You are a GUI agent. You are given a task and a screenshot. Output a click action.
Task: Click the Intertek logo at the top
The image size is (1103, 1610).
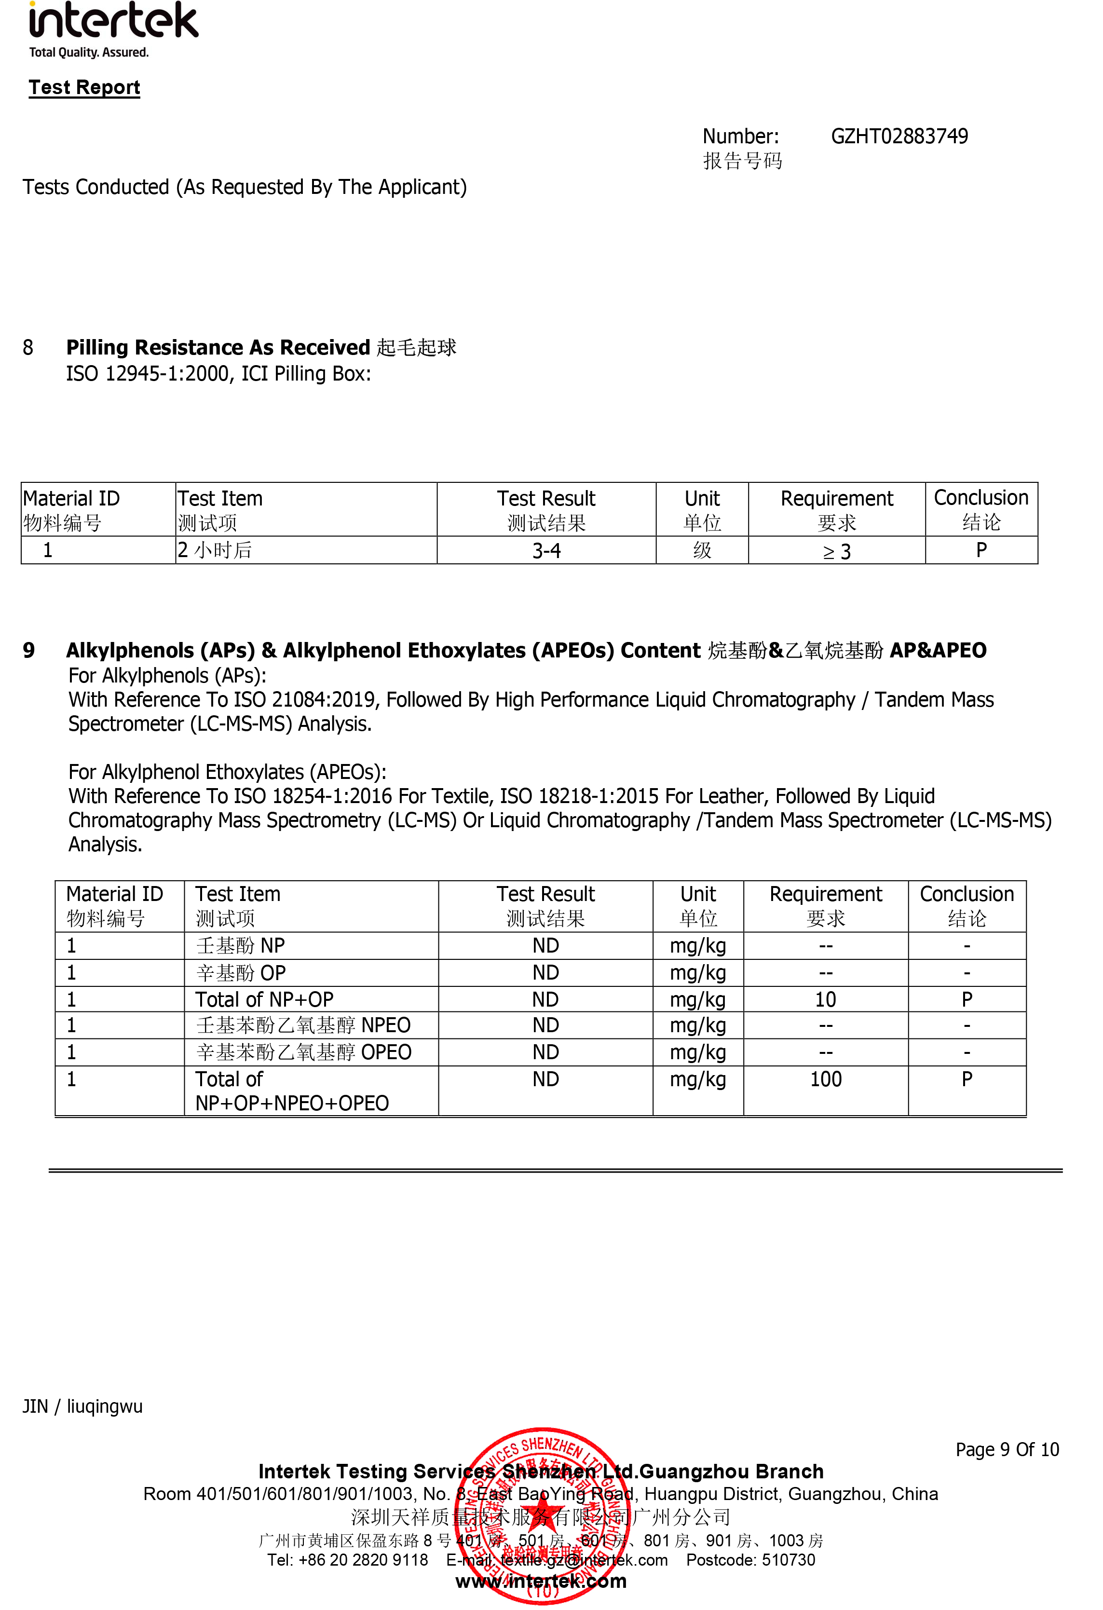pos(113,27)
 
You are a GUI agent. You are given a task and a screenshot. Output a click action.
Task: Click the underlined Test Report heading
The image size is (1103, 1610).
pos(84,87)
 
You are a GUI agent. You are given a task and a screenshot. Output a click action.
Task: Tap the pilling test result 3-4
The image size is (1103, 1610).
pos(546,551)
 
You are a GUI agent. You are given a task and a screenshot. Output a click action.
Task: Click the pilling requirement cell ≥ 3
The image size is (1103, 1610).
pos(836,551)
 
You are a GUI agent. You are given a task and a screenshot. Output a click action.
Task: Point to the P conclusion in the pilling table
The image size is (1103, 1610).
pos(980,550)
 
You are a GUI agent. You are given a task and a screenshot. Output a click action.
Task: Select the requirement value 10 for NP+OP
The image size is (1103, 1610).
pos(825,999)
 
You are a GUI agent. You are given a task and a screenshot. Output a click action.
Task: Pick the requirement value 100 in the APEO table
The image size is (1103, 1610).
pos(825,1078)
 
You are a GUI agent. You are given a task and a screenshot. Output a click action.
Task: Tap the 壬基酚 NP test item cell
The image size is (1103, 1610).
pos(240,946)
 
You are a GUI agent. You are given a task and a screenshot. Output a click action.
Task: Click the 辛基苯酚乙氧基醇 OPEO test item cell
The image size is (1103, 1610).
pos(303,1052)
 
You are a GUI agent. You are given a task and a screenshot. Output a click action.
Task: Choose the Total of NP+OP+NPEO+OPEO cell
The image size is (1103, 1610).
pos(292,1091)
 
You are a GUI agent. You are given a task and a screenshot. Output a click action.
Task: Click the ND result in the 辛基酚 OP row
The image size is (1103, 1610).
pos(545,973)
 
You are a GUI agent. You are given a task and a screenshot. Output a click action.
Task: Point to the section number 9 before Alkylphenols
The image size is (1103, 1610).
pos(28,650)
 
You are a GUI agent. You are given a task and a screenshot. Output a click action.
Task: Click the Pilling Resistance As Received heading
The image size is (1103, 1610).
pos(218,347)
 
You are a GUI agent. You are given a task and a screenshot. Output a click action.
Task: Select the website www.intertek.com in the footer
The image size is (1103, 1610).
pos(541,1581)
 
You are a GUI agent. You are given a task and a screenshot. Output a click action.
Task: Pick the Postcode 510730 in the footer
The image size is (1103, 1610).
pos(750,1559)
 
